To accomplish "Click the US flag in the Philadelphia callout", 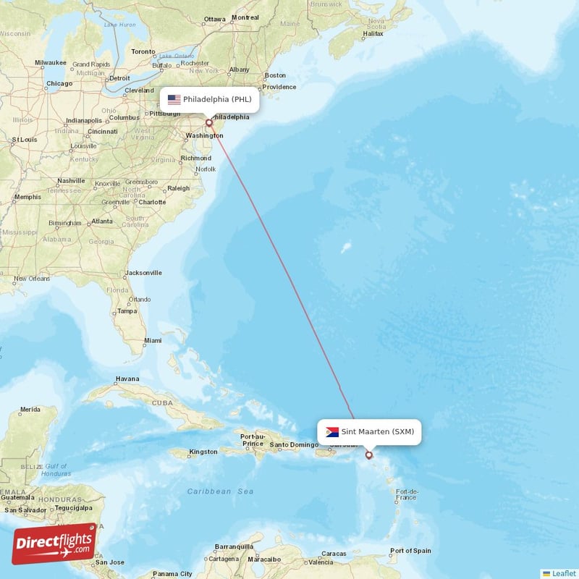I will pos(174,99).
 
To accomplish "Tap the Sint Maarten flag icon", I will pos(332,432).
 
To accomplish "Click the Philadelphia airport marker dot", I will pos(208,122).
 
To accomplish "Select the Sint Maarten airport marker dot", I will pos(369,455).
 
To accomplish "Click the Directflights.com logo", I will pos(54,544).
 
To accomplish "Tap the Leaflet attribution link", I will pos(563,573).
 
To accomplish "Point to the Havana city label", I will pos(127,379).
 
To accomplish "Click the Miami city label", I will pos(153,340).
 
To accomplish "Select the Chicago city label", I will pos(59,83).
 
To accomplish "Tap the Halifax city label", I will pos(373,33).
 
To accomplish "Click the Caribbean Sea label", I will pos(220,491).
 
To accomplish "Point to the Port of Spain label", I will pos(410,551).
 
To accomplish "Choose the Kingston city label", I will pos(203,452).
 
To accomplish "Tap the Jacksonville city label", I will pos(143,273).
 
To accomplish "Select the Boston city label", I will pos(275,75).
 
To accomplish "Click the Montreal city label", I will pos(245,17).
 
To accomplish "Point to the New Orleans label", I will pos(31,279).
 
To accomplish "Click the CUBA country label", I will pos(161,403).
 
